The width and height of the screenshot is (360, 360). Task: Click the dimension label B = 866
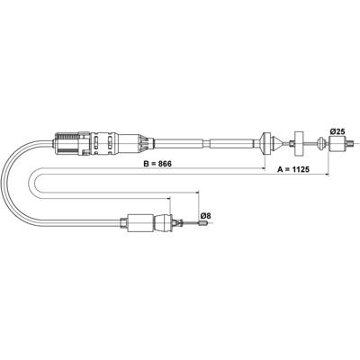coord(157,164)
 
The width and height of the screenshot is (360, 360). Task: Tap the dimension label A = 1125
coord(293,169)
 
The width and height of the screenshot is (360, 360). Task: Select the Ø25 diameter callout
coord(337,131)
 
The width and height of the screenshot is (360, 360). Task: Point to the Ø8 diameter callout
coord(205,215)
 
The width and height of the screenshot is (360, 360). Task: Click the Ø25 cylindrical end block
coord(337,144)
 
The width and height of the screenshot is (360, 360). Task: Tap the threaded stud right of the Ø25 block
coord(349,144)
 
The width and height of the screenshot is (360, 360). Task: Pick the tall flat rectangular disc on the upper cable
coord(299,144)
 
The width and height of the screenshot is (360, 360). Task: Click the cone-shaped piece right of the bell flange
coord(277,144)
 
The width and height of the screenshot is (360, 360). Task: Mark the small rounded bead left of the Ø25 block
coord(321,143)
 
